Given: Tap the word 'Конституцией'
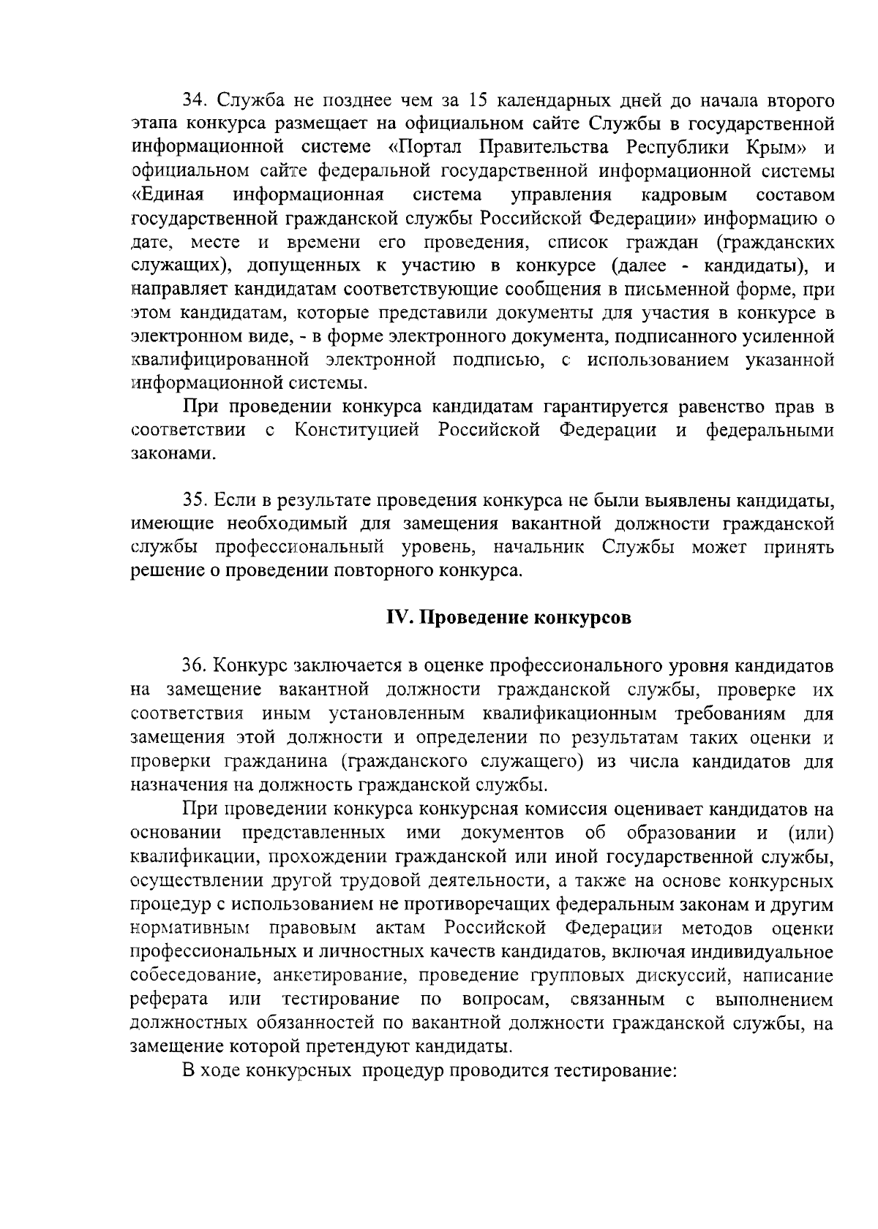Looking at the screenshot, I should [x=357, y=430].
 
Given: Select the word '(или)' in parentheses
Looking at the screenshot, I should [x=810, y=833].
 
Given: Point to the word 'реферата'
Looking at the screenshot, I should [x=168, y=999].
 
